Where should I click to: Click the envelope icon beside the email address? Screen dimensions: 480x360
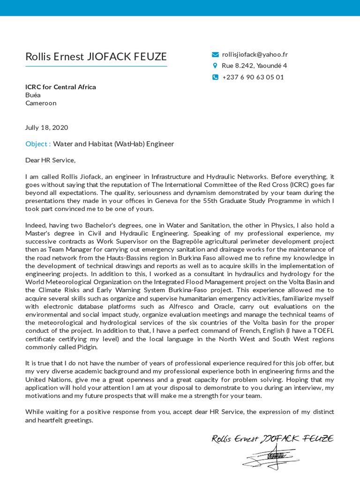tap(215, 54)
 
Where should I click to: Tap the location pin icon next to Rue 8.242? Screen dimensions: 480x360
tap(215, 66)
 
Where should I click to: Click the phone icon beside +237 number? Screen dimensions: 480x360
tap(215, 77)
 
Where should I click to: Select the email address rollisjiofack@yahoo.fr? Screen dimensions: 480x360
tap(255, 54)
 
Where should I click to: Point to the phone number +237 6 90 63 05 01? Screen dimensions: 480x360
tap(253, 77)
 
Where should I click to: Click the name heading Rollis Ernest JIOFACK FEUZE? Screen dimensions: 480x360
tap(96, 57)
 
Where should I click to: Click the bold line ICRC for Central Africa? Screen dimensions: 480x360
tap(60, 87)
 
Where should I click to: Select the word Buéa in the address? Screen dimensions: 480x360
tap(32, 95)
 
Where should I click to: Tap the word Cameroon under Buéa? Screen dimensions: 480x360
tap(41, 103)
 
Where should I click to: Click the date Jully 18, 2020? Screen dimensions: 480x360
tap(46, 127)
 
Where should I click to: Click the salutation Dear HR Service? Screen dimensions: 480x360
tap(50, 160)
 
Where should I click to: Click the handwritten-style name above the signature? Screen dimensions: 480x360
tap(272, 439)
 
